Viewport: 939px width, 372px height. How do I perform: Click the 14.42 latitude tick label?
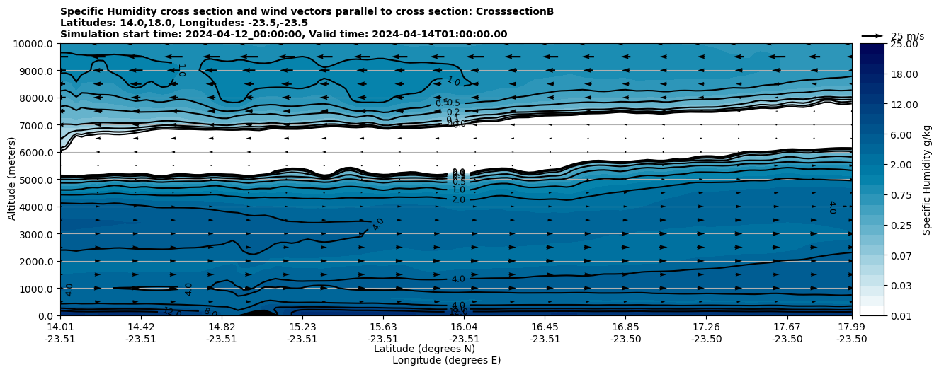[x=141, y=327]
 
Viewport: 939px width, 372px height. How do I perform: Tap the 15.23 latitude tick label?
[x=302, y=327]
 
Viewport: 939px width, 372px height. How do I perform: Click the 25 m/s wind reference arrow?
[x=872, y=36]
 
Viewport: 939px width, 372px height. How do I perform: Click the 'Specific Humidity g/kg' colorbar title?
[x=927, y=180]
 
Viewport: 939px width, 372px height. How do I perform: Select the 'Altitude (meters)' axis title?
[x=12, y=180]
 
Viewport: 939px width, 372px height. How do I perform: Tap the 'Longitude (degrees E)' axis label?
[x=446, y=360]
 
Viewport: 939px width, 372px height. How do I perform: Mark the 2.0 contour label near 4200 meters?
[x=458, y=200]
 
